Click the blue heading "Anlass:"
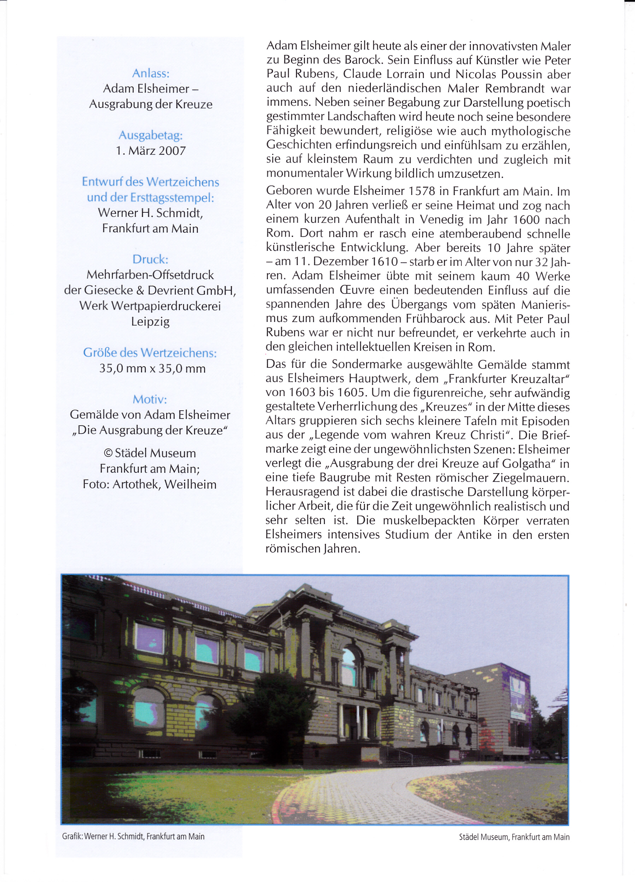[x=151, y=73]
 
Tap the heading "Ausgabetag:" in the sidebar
[x=151, y=135]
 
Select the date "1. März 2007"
[x=151, y=151]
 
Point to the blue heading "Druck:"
[x=150, y=259]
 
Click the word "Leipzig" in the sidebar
[x=150, y=322]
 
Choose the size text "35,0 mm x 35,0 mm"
[x=152, y=368]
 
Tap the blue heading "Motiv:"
[x=150, y=399]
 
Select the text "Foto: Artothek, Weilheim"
[x=150, y=484]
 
